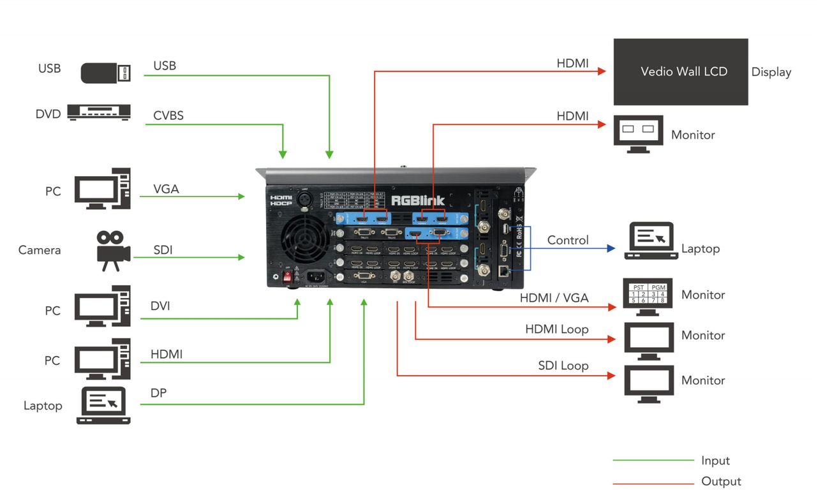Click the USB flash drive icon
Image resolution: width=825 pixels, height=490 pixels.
[x=106, y=73]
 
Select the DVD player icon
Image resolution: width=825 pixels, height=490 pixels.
[x=99, y=112]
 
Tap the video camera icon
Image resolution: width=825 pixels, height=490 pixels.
[x=112, y=250]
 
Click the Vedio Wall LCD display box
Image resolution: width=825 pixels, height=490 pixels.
[x=680, y=71]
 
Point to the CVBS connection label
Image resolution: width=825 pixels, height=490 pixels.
[x=168, y=115]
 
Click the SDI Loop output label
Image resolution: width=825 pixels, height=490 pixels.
[x=563, y=366]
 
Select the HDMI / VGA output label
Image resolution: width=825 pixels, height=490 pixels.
[x=554, y=298]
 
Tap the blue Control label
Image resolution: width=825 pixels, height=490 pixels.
[x=567, y=241]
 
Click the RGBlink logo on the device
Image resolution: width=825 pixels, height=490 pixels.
[x=417, y=200]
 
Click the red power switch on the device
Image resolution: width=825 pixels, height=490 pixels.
[x=287, y=277]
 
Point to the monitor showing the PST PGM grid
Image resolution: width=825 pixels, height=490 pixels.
[x=648, y=297]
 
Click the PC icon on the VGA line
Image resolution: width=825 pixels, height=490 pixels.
[x=102, y=189]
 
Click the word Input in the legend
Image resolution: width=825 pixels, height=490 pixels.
[x=715, y=461]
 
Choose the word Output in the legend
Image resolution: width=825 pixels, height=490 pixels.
[x=721, y=481]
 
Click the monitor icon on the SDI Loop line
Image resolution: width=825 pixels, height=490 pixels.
[x=648, y=383]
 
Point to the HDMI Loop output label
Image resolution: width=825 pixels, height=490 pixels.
[x=556, y=329]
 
